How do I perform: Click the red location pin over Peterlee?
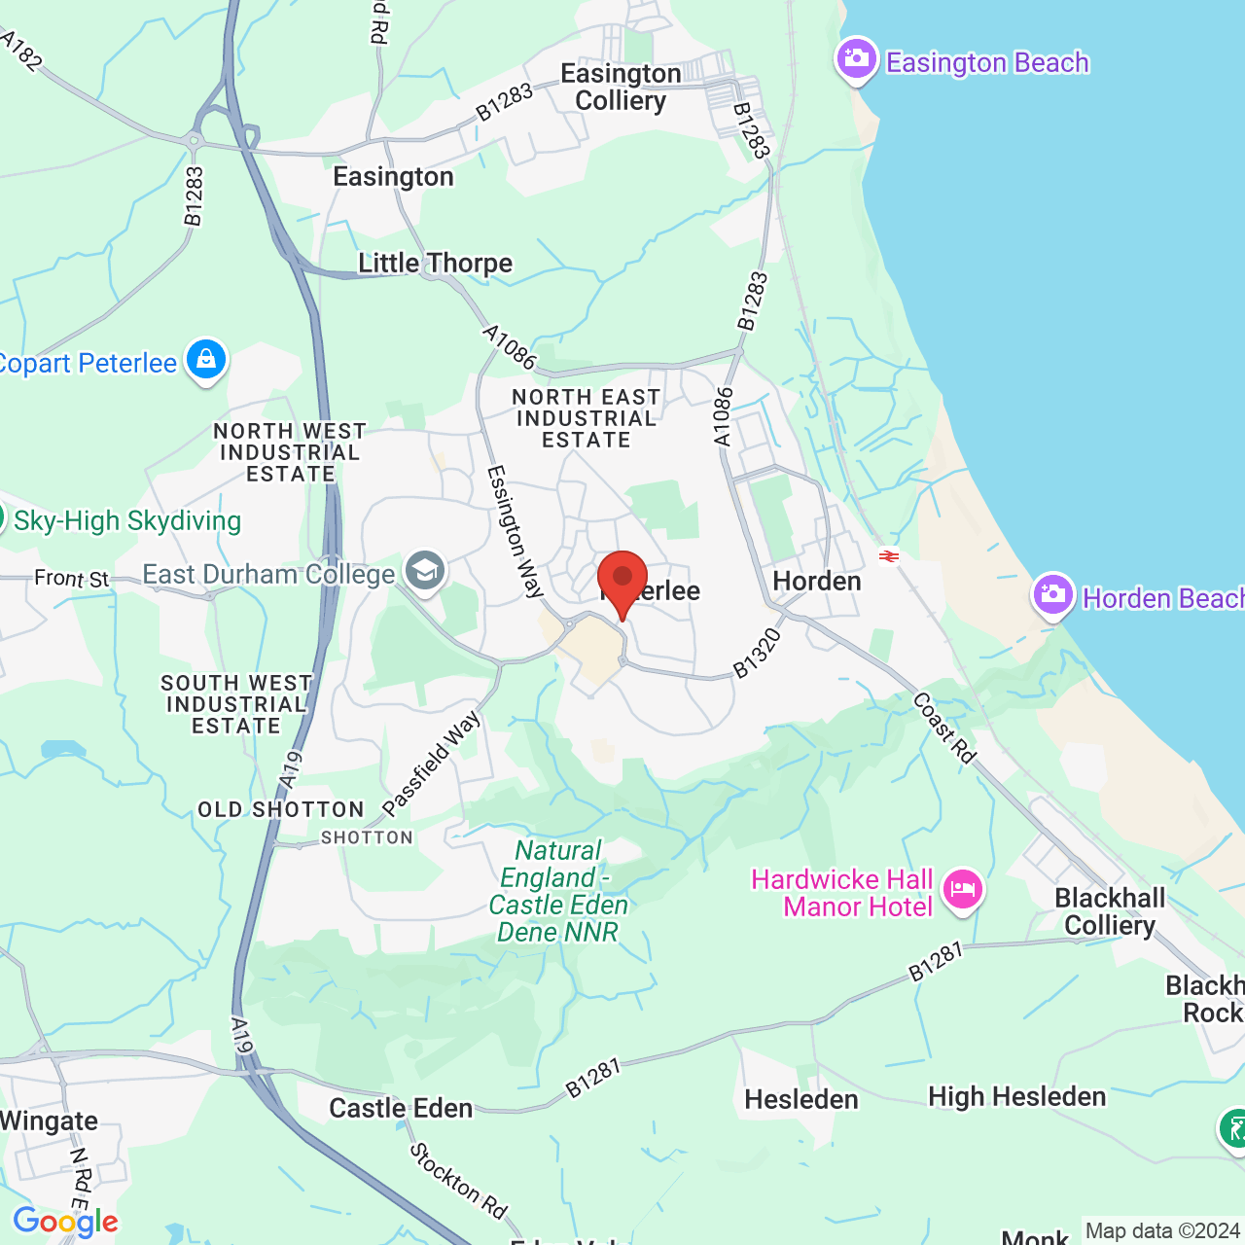pyautogui.click(x=622, y=578)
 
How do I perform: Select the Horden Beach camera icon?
pyautogui.click(x=1052, y=594)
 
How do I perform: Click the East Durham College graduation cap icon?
pyautogui.click(x=425, y=571)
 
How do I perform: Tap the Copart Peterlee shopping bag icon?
pyautogui.click(x=205, y=360)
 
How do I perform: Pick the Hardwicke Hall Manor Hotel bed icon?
pyautogui.click(x=962, y=889)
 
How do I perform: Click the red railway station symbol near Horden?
pyautogui.click(x=888, y=556)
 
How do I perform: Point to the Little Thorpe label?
pyautogui.click(x=435, y=264)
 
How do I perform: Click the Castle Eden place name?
pyautogui.click(x=401, y=1108)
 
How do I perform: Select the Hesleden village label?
pyautogui.click(x=801, y=1099)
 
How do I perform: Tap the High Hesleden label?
pyautogui.click(x=1016, y=1097)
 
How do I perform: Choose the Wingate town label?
pyautogui.click(x=49, y=1121)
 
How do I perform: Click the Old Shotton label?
pyautogui.click(x=280, y=810)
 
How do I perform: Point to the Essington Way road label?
pyautogui.click(x=515, y=530)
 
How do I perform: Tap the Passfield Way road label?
pyautogui.click(x=432, y=764)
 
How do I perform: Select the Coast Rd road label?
pyautogui.click(x=943, y=728)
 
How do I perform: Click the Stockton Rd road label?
pyautogui.click(x=458, y=1181)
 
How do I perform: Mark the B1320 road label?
pyautogui.click(x=757, y=654)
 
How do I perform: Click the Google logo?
pyautogui.click(x=65, y=1222)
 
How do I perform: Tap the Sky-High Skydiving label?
pyautogui.click(x=127, y=521)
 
